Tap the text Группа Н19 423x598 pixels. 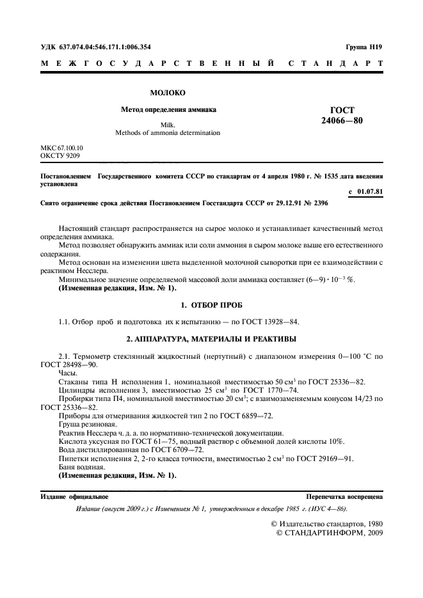(x=364, y=47)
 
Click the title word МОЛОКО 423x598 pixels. (x=168, y=93)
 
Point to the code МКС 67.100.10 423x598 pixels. (x=62, y=148)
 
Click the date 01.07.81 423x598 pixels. (x=369, y=192)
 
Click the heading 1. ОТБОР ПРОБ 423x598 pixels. (x=211, y=304)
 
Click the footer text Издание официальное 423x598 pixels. (x=74, y=496)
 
